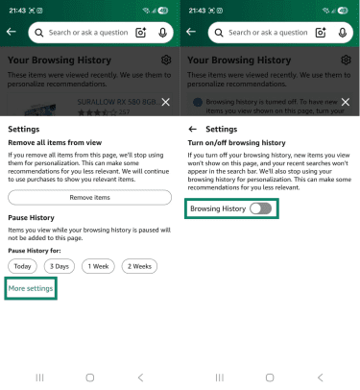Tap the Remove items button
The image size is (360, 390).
[89, 197]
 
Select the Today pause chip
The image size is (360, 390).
[23, 265]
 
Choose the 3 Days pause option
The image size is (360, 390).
[60, 265]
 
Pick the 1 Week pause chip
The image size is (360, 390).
[98, 265]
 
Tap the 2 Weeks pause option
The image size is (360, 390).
[138, 265]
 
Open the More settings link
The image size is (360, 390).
[30, 288]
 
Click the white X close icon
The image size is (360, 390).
[165, 102]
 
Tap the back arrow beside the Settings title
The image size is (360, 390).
[192, 128]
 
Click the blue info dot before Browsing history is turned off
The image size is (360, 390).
[198, 102]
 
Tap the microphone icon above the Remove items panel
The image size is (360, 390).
[162, 33]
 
